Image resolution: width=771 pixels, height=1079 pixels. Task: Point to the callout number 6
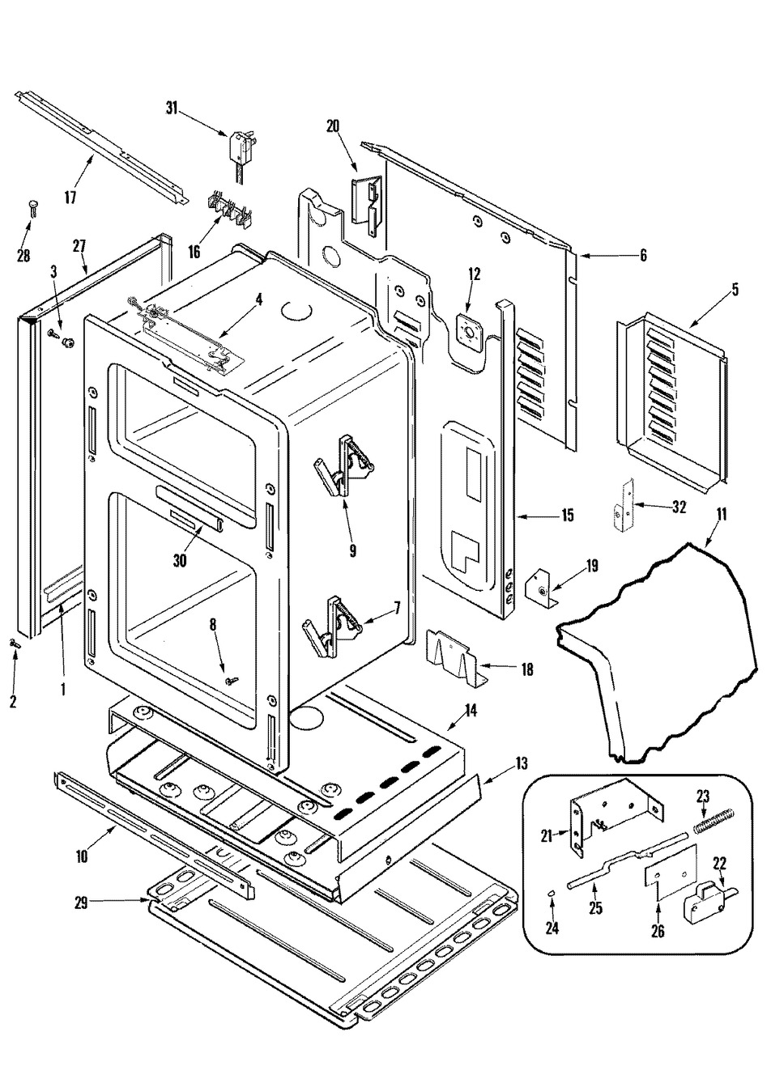(643, 256)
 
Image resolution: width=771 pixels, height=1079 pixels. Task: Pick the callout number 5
(735, 289)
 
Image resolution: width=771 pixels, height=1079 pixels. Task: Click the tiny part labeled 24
(551, 893)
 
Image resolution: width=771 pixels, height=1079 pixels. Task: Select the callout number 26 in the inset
(658, 932)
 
